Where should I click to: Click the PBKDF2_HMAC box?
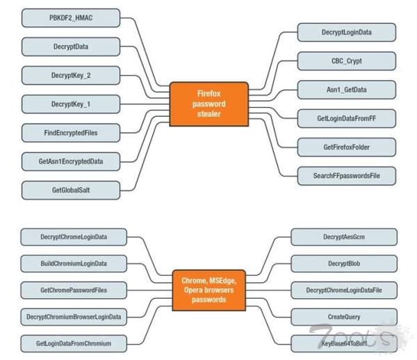click(x=70, y=17)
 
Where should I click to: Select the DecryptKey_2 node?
click(x=70, y=75)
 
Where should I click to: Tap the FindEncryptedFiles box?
click(x=70, y=132)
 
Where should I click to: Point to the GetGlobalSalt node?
click(x=70, y=190)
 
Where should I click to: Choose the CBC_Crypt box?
click(x=347, y=60)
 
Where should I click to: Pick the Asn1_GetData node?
click(x=347, y=90)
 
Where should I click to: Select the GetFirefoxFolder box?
click(x=347, y=147)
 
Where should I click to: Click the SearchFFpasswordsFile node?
click(x=347, y=176)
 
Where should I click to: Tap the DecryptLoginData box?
click(x=347, y=32)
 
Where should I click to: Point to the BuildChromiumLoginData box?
click(x=74, y=263)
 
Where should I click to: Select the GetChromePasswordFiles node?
click(x=74, y=290)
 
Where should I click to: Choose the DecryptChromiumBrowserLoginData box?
click(x=74, y=317)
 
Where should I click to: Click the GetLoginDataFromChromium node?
click(x=74, y=343)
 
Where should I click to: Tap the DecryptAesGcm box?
click(x=343, y=237)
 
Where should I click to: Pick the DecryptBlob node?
click(x=343, y=263)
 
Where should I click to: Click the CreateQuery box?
click(x=343, y=317)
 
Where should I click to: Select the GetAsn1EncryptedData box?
click(x=70, y=161)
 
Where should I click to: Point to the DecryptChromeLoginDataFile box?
click(x=343, y=290)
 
